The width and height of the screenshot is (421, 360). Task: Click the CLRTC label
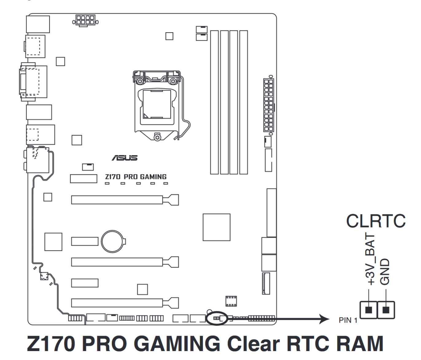point(376,221)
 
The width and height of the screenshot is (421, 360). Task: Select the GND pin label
point(384,272)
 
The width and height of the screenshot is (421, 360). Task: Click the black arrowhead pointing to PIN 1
point(324,318)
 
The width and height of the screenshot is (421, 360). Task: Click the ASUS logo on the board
point(125,158)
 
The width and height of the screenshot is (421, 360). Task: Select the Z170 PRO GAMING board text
point(136,177)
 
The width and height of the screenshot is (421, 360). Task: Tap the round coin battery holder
point(113,242)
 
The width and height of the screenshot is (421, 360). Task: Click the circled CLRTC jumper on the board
point(216,318)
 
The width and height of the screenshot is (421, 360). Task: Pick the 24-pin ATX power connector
point(268,105)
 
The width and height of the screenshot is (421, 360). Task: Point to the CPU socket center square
point(157,104)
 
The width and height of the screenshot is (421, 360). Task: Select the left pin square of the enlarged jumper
point(368,310)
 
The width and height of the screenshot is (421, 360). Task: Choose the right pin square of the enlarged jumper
point(386,310)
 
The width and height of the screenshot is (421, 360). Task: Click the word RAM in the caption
point(360,343)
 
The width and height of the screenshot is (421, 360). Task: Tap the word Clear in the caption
point(253,343)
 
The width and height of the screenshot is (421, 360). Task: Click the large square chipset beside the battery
point(216,227)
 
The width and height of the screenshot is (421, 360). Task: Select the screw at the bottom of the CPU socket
point(157,137)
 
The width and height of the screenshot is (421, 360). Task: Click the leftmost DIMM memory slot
point(214,102)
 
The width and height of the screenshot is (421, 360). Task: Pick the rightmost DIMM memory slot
point(244,102)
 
